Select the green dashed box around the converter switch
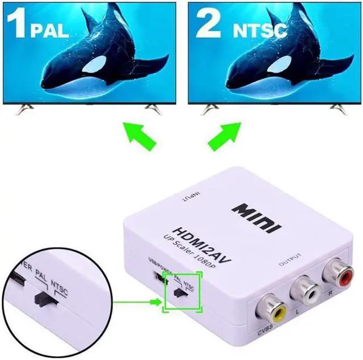tap(181, 290)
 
